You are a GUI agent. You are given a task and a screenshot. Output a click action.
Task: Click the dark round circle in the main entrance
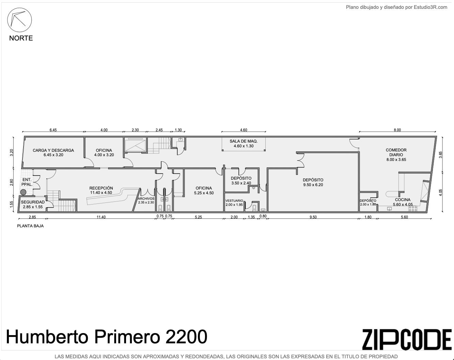point(23,192)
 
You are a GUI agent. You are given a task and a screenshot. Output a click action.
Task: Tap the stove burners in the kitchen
point(413,209)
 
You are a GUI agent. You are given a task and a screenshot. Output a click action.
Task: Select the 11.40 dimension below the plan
point(101,217)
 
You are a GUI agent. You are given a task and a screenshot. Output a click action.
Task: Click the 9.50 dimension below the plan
point(313,217)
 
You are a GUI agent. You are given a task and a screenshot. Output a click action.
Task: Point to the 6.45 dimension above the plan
point(53,130)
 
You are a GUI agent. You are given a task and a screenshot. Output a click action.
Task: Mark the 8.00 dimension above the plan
point(397,130)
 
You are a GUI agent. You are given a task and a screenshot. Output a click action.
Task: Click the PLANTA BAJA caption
point(30,226)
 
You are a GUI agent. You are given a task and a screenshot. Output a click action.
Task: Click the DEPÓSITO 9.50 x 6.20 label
point(313,182)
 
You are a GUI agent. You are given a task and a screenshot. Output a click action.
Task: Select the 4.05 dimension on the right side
point(440,192)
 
